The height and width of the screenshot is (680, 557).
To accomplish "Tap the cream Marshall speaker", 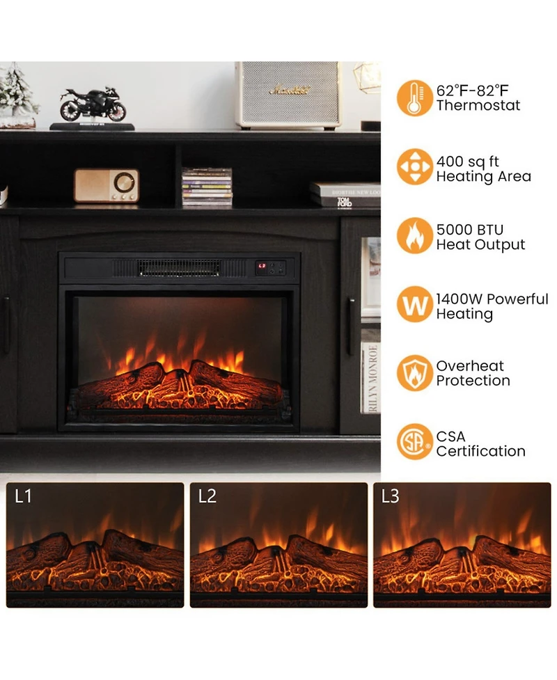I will [288, 95].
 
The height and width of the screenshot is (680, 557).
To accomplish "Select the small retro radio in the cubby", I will [106, 186].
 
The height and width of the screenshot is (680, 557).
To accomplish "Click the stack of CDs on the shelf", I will [207, 187].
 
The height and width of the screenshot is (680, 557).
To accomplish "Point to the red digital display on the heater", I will [262, 266].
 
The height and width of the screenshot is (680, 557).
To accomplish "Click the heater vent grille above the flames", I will [178, 268].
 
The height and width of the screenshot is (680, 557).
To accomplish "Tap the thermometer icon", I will [414, 98].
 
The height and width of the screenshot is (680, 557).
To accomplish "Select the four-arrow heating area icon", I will [414, 167].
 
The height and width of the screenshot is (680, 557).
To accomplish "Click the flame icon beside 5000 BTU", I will [414, 236].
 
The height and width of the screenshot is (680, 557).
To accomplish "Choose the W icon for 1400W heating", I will [414, 305].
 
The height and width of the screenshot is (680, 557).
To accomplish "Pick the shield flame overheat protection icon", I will [414, 373].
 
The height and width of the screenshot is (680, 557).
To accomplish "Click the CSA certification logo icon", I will [414, 442].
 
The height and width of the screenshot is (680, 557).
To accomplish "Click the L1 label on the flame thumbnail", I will [24, 496].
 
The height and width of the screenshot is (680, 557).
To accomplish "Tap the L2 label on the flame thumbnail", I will [207, 496].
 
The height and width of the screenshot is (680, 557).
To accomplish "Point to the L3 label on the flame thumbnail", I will [391, 496].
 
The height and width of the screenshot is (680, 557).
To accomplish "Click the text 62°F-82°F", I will [472, 90].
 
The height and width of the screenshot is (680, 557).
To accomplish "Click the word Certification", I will [480, 451].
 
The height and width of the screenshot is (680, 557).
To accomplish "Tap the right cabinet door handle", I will [352, 316].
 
